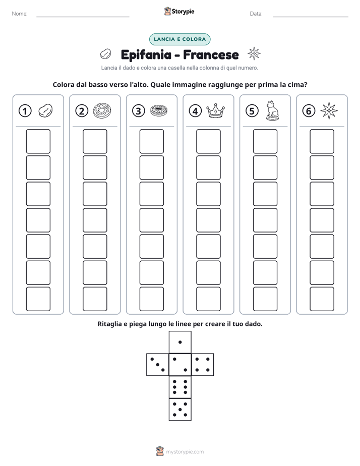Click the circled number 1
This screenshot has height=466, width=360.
[x=25, y=111]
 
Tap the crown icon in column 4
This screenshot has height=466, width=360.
[x=215, y=111]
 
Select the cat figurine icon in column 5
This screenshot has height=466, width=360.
[x=272, y=110]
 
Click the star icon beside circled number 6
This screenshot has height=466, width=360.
[x=329, y=111]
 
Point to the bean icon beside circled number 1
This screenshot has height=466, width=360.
[x=45, y=110]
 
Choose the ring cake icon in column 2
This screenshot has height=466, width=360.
[x=102, y=111]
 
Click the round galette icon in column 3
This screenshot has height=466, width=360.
[x=159, y=111]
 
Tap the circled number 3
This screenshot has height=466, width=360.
[x=139, y=111]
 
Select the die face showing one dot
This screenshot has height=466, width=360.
[x=180, y=342]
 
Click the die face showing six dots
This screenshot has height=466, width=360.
[x=180, y=387]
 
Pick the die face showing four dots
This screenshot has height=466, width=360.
[x=203, y=365]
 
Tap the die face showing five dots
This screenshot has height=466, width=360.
[x=180, y=410]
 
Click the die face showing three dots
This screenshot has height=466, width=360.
[x=158, y=365]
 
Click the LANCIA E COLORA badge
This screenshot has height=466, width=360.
[x=179, y=39]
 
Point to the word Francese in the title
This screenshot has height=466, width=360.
[x=211, y=54]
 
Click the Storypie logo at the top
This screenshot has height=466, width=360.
[x=179, y=11]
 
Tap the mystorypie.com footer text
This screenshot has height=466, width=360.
[x=185, y=452]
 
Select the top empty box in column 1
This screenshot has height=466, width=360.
[x=38, y=141]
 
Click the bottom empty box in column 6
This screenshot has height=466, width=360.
[x=322, y=299]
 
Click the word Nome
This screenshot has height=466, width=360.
[x=20, y=14]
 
